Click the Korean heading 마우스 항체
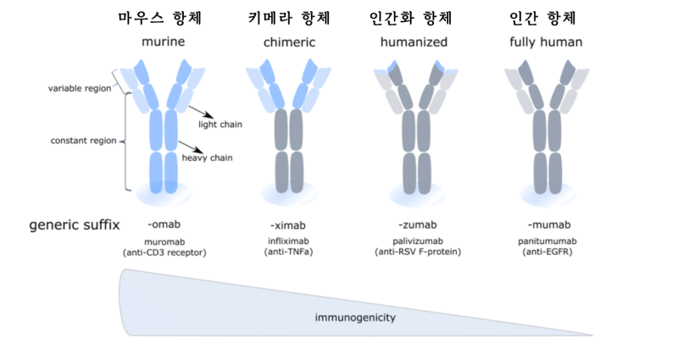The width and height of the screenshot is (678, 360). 164,17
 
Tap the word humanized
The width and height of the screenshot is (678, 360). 415,41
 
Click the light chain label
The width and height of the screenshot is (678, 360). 220,125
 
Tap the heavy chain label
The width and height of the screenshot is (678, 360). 208,158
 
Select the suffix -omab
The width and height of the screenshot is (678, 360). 164,224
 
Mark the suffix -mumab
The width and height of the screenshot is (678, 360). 546,224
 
